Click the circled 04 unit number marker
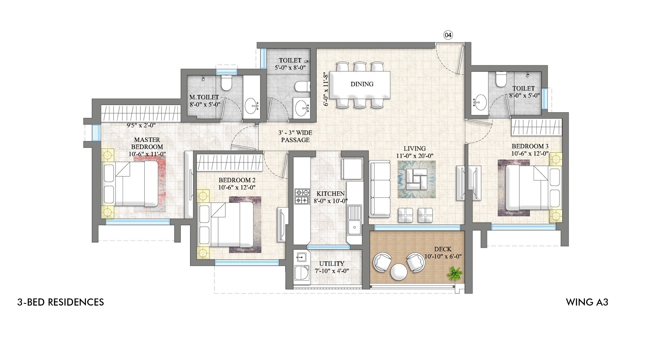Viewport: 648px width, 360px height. (448, 35)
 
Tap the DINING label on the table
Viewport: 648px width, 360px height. (362, 84)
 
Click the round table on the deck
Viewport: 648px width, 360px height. (398, 272)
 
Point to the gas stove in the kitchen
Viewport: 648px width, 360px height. (302, 196)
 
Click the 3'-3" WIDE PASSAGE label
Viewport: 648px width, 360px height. (295, 136)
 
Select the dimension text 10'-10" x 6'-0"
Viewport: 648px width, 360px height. (443, 256)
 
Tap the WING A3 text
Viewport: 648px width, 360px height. (587, 302)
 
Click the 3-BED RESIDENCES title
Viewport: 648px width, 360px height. (61, 302)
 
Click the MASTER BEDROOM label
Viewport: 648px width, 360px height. (147, 143)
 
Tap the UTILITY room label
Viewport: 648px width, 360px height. (331, 264)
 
